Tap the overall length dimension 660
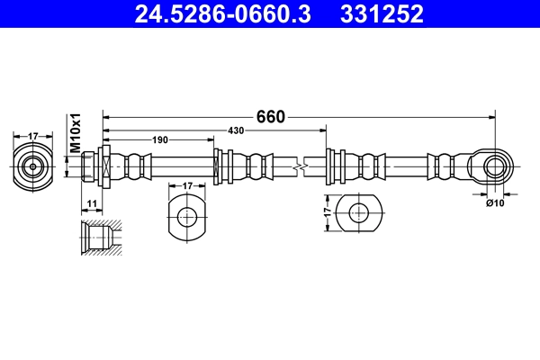pyautogui.click(x=270, y=117)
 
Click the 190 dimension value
pyautogui.click(x=159, y=140)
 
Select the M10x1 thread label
pyautogui.click(x=76, y=132)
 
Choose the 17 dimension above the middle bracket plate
pyautogui.click(x=187, y=186)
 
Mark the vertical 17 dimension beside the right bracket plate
pyautogui.click(x=327, y=214)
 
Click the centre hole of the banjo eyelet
pyautogui.click(x=494, y=166)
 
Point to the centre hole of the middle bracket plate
pyautogui.click(x=187, y=216)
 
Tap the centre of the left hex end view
pyautogui.click(x=33, y=166)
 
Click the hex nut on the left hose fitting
pyautogui.click(x=104, y=166)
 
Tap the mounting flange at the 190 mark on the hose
pyautogui.click(x=218, y=166)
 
